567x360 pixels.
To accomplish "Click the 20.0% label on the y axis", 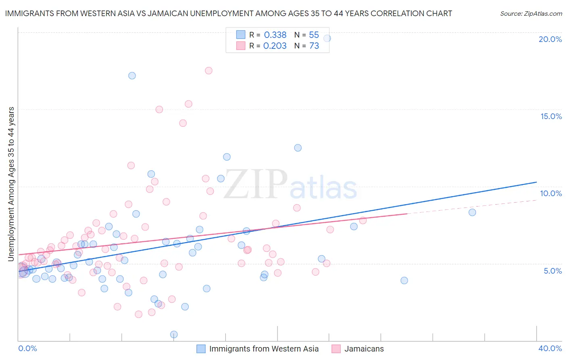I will point(550,39).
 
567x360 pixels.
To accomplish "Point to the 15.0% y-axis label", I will point(551,116).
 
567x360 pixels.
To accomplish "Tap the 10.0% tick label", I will point(551,193).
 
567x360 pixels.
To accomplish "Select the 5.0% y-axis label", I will point(552,271).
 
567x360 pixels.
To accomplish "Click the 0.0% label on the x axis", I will point(27,348).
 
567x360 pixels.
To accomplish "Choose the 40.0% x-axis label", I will point(550,348).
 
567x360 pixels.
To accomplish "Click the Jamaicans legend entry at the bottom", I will point(364,349).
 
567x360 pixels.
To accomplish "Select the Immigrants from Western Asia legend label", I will point(264,349).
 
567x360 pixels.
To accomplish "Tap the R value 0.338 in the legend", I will point(275,35).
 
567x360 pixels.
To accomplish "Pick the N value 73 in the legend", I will point(314,46).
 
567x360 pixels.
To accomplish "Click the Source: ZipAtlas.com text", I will point(531,13).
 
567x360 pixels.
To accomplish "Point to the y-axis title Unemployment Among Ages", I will point(11,184).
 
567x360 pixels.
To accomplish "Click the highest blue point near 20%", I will point(327,38).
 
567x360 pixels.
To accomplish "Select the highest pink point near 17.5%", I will point(208,71).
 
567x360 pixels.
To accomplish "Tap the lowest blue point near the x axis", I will point(174,334).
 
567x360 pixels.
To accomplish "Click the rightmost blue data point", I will point(472,212).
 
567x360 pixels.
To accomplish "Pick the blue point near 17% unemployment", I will point(132,75).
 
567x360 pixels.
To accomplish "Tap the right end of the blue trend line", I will point(536,182).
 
